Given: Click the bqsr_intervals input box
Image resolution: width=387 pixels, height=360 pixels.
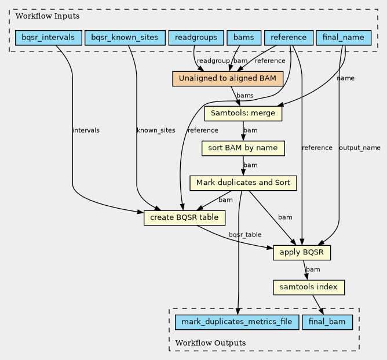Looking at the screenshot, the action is coord(49,38).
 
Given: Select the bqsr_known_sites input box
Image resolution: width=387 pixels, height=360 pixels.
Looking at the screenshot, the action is coord(125,38).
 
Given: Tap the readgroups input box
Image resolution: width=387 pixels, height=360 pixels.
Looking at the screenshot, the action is coord(196,38).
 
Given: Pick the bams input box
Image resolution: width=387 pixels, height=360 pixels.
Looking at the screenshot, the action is coord(244,38).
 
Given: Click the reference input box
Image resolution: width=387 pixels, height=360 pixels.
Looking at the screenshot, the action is coord(289,38).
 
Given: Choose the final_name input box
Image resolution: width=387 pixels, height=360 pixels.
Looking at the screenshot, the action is coord(344,38).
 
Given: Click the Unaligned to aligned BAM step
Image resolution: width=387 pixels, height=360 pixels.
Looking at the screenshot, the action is coord(228,79).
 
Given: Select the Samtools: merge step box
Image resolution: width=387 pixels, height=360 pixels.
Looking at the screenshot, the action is coord(243,114).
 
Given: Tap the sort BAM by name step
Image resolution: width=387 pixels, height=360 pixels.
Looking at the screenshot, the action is coord(243,148).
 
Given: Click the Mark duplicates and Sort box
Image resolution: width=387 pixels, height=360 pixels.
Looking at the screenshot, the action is coord(243,183).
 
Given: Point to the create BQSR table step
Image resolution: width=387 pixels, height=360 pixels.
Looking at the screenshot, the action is coord(184,218).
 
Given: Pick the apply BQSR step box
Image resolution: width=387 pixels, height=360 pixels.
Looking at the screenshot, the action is coord(302,253).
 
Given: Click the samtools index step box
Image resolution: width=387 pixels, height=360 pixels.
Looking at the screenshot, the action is coord(309,288).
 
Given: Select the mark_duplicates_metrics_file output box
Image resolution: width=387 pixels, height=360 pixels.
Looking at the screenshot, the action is coord(237,322).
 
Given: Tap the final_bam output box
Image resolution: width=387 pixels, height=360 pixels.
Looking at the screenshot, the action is coord(327,322).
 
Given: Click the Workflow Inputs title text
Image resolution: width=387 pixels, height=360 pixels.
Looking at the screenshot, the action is coord(48,16).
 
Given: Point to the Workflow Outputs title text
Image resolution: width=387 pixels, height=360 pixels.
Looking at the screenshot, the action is coord(210,343).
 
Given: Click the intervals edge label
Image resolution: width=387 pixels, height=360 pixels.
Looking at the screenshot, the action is coord(86,130).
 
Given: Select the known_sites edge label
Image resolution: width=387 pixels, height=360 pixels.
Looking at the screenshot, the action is coord(156,130).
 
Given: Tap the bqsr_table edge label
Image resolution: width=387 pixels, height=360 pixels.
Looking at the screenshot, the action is coord(245,235).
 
